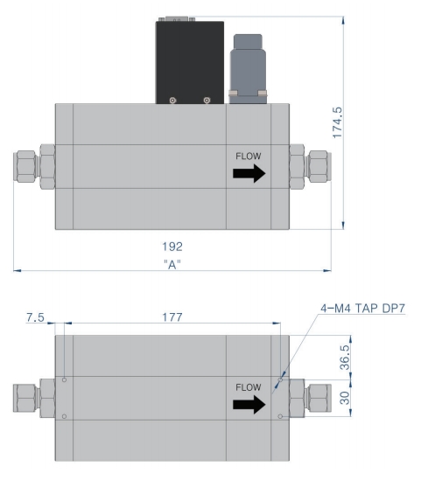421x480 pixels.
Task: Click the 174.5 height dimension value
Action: [337, 122]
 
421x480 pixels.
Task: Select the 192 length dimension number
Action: [172, 247]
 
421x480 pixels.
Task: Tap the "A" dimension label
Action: [172, 264]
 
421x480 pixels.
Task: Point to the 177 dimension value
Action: [172, 317]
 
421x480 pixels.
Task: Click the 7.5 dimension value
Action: [35, 317]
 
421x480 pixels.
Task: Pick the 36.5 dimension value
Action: [345, 358]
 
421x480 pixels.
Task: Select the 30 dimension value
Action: [345, 398]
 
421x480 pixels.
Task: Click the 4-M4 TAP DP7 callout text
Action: [362, 308]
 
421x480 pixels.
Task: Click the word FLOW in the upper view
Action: [249, 157]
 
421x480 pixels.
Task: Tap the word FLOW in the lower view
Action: [249, 387]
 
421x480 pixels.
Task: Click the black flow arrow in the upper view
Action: [249, 173]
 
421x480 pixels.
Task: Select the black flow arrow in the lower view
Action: [249, 405]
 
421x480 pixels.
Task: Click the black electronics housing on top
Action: [190, 62]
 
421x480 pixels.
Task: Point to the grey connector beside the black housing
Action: [248, 69]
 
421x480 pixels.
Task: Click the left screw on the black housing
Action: [172, 101]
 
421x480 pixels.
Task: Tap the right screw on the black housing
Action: [207, 101]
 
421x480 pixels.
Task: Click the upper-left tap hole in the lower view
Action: [65, 380]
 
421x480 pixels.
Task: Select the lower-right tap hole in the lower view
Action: [280, 416]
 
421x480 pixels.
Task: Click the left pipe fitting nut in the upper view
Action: [25, 166]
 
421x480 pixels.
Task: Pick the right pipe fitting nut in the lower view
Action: [319, 398]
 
